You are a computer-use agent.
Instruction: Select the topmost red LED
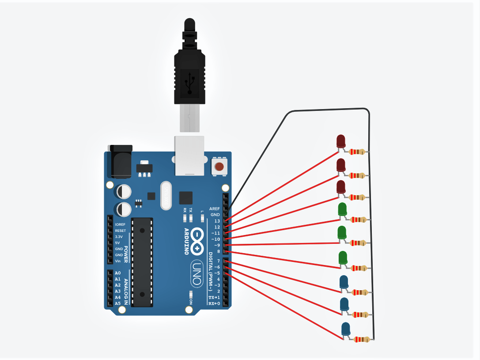click(341, 141)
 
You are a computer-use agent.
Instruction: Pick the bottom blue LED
click(346, 329)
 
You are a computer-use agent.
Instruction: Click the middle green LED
click(342, 233)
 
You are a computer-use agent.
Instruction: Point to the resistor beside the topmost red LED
click(357, 152)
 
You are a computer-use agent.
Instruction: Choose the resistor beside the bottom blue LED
click(362, 340)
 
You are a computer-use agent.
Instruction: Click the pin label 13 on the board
click(217, 221)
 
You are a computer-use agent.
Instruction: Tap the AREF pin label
click(215, 208)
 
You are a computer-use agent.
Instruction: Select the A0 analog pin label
click(117, 273)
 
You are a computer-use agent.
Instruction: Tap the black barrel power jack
click(120, 162)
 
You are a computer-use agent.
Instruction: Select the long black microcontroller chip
click(142, 261)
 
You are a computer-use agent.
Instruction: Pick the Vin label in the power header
click(118, 261)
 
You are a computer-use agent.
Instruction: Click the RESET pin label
click(120, 231)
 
